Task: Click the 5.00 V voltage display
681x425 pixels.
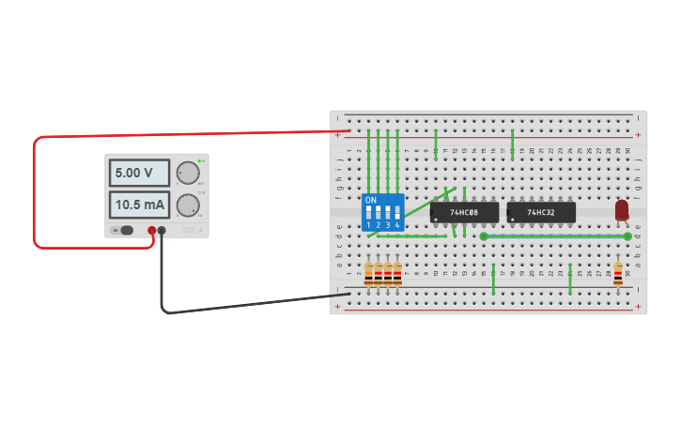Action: coord(139,173)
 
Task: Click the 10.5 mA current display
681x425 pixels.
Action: coord(139,204)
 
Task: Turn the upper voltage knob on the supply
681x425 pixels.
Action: coord(188,173)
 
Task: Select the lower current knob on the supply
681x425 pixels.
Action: coord(188,205)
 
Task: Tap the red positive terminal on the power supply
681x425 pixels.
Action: coord(151,230)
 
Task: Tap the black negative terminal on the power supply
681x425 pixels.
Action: coord(162,230)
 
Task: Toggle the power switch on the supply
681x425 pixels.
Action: coord(122,230)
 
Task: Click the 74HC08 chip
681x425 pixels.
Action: coord(464,212)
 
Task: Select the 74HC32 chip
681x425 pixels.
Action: coord(540,212)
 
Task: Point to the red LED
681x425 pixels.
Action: coord(622,210)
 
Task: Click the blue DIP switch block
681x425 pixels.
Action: coord(383,212)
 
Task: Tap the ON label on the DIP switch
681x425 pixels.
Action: coord(370,200)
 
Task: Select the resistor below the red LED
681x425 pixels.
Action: coord(617,275)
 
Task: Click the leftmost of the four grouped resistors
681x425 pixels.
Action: coord(368,275)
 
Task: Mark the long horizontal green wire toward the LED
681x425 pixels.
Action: coord(549,236)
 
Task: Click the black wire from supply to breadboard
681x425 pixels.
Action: coord(244,305)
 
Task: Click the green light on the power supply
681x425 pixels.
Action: coord(200,161)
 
